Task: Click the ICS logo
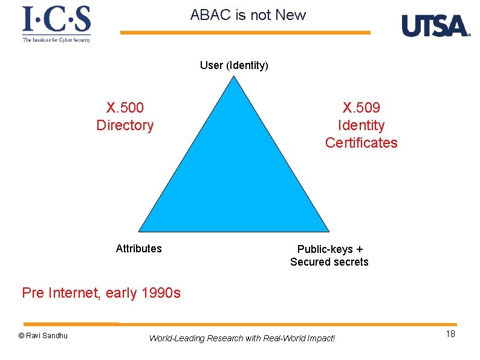(x=56, y=24)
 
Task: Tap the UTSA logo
(x=435, y=25)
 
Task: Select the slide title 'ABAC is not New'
(x=248, y=15)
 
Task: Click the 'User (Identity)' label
(x=234, y=65)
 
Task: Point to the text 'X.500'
(x=125, y=108)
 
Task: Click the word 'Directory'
(x=125, y=126)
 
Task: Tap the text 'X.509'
(x=362, y=108)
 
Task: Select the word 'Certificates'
(x=362, y=143)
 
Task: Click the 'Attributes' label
(x=138, y=249)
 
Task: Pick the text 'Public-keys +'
(x=329, y=249)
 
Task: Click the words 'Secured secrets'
(x=329, y=262)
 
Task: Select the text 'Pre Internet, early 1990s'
(x=101, y=293)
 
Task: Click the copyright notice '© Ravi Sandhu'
(x=43, y=336)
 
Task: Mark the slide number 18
(x=450, y=335)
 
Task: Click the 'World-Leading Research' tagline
(x=242, y=338)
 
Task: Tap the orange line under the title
(x=245, y=33)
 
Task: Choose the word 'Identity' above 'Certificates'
(x=362, y=126)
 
